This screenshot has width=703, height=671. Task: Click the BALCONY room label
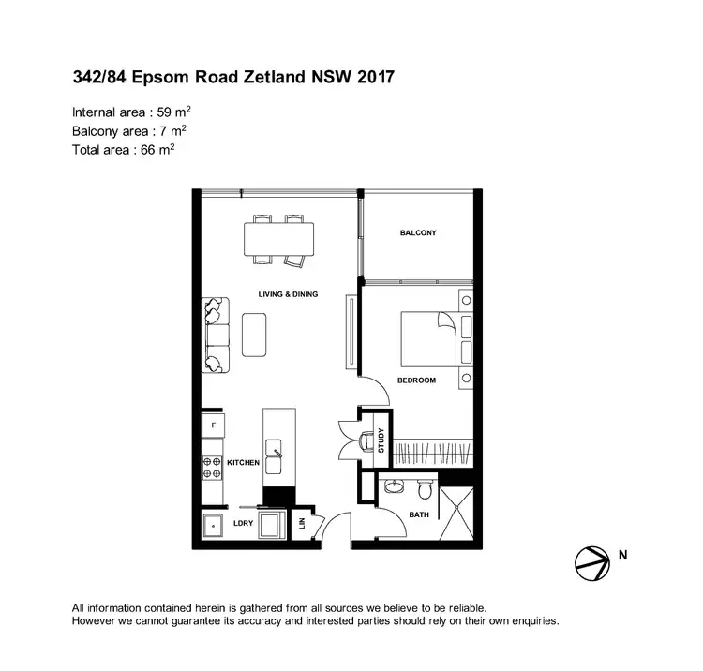click(x=418, y=233)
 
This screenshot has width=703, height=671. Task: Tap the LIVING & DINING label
click(x=288, y=294)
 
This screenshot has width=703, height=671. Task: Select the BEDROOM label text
click(x=417, y=380)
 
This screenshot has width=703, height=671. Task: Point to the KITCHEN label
click(x=243, y=463)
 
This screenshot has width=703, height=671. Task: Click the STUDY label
click(x=381, y=440)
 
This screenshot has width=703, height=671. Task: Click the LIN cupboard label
click(x=303, y=523)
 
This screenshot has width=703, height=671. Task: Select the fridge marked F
click(x=213, y=426)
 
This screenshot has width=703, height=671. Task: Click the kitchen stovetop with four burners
click(x=212, y=462)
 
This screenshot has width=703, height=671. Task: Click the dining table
click(x=279, y=238)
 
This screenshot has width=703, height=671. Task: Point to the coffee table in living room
click(x=254, y=335)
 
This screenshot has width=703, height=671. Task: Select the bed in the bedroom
click(x=428, y=338)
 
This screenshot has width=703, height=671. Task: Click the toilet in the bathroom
click(x=426, y=489)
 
